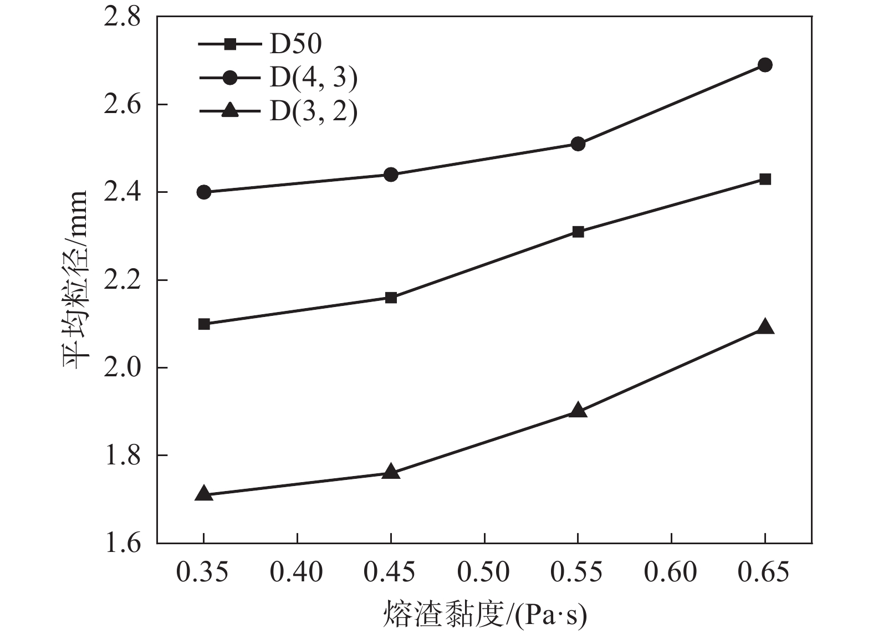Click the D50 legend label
click(295, 44)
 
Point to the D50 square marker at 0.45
click(391, 298)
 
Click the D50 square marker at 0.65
click(765, 179)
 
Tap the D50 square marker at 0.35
click(204, 324)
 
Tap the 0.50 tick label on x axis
click(484, 572)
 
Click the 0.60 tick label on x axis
click(671, 572)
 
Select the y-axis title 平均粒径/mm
click(75, 280)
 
